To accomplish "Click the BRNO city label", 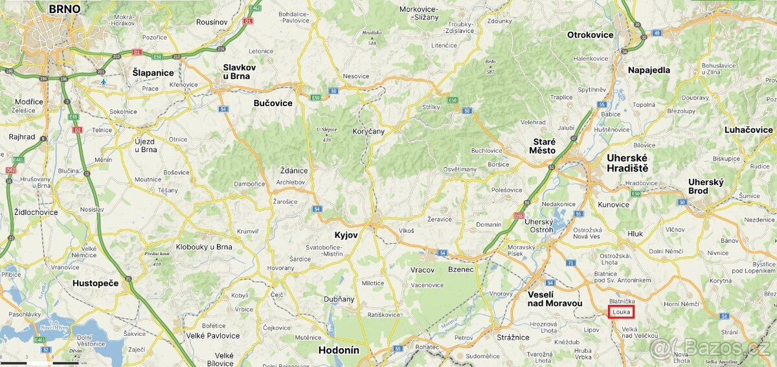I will (x=65, y=9).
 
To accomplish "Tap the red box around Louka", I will (x=620, y=312).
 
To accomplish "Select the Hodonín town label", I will (x=339, y=350).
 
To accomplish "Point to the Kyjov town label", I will (x=346, y=235).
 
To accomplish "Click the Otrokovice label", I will (x=590, y=35).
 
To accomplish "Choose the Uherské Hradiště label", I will (x=627, y=162).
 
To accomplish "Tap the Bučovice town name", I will (x=273, y=103).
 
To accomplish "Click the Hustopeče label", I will (x=96, y=283).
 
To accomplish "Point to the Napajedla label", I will (x=649, y=70).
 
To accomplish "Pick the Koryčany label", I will (x=368, y=131).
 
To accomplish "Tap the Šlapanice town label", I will (x=153, y=72).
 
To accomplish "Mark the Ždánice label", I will (x=294, y=170).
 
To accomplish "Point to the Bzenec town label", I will (x=461, y=269).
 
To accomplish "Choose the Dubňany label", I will (x=339, y=299).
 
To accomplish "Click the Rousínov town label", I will (x=212, y=22).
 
